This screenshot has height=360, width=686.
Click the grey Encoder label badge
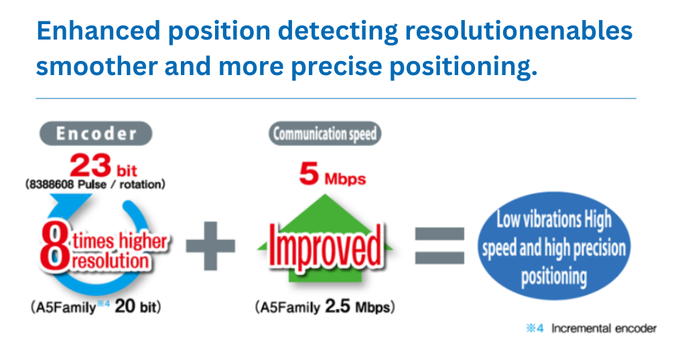tap(96, 133)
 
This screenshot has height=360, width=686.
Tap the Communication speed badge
tap(325, 133)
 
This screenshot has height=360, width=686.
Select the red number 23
tap(90, 165)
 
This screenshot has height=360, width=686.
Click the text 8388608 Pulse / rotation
tap(95, 184)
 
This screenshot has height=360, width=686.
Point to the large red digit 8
tap(54, 247)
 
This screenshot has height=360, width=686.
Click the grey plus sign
tap(210, 245)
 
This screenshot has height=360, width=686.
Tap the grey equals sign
tap(439, 245)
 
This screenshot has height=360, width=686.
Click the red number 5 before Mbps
tap(309, 174)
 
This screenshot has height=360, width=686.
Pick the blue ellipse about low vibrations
tap(554, 246)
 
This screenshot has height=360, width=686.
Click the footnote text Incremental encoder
tap(604, 328)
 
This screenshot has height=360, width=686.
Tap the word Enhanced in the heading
tap(98, 31)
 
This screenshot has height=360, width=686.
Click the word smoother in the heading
tap(96, 66)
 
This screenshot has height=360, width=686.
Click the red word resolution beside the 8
tap(111, 261)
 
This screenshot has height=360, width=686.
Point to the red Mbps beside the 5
tap(345, 179)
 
